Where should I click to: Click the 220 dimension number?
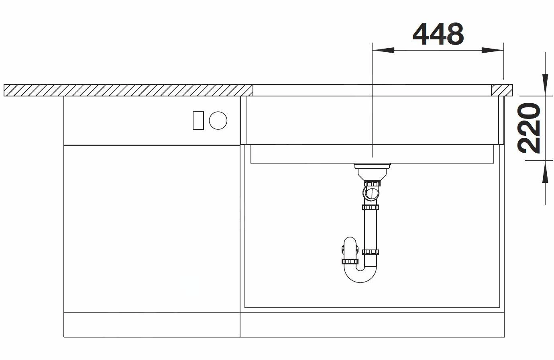(529, 128)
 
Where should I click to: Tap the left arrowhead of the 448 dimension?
(383, 50)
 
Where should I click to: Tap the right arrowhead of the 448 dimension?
(493, 50)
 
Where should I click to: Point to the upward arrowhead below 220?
(545, 172)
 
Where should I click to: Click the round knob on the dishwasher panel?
(218, 121)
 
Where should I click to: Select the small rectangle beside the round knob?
(198, 121)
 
